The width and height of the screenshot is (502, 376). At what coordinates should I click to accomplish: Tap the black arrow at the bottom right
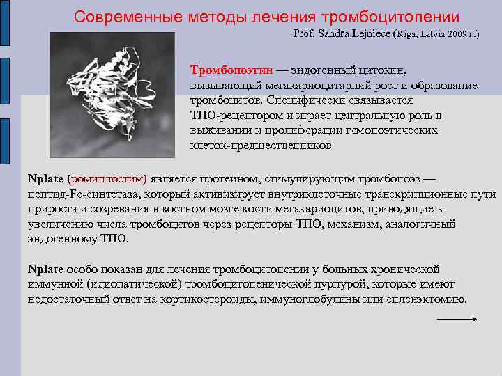pos(456,319)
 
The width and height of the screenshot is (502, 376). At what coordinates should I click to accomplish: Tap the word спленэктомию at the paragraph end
pos(432,299)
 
